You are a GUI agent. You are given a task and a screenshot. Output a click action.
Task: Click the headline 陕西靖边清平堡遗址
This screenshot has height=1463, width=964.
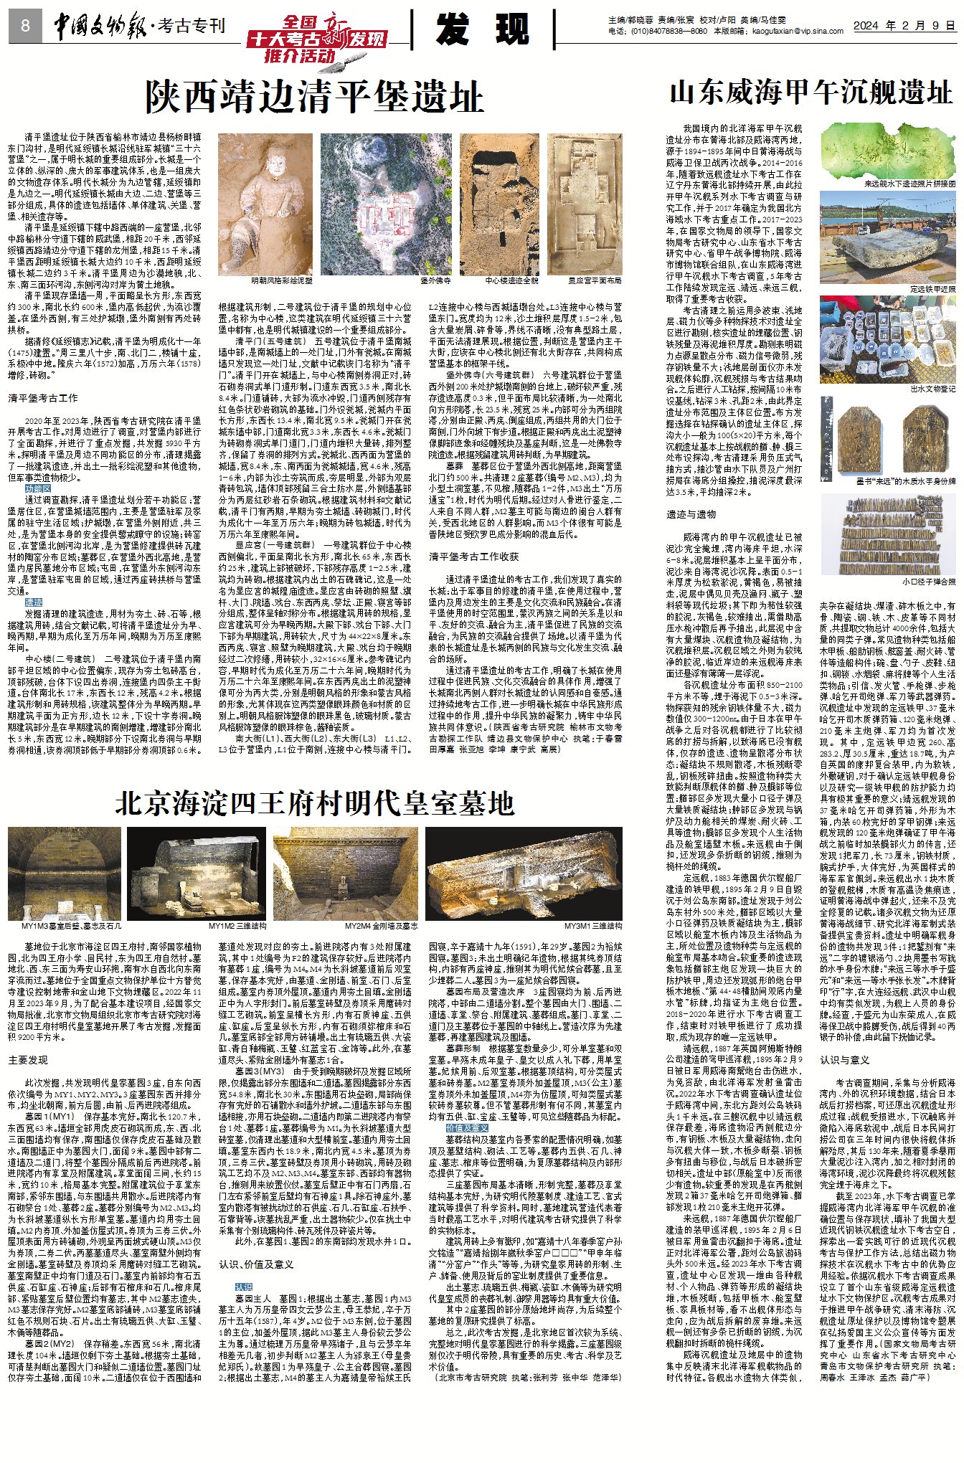click(x=314, y=97)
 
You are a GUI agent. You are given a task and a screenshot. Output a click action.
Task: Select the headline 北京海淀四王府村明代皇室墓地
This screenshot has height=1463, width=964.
click(x=314, y=803)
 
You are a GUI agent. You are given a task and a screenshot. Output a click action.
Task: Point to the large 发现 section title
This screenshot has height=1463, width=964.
click(x=482, y=29)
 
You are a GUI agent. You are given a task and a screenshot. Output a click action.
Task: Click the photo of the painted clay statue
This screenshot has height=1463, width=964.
click(x=265, y=204)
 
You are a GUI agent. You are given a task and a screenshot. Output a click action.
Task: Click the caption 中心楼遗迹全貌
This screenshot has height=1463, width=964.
click(x=512, y=280)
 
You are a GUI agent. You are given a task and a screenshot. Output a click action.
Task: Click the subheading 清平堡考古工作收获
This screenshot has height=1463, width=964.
click(x=473, y=556)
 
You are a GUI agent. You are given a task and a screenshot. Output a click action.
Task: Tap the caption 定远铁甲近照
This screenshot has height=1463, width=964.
click(x=932, y=288)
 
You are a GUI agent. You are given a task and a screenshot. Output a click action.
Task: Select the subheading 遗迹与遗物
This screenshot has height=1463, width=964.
click(x=691, y=514)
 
